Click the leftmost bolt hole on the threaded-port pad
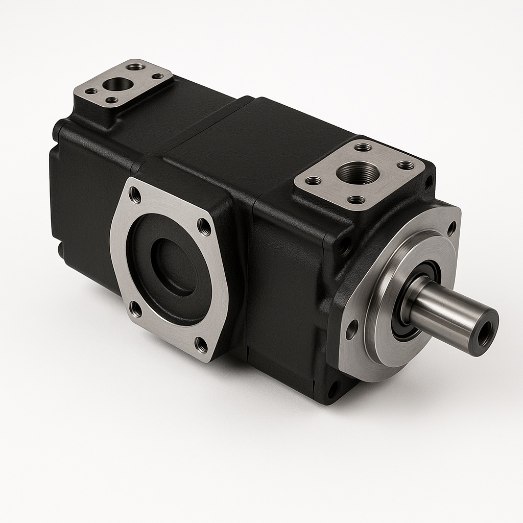[313, 180]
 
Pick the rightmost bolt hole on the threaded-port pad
[406, 165]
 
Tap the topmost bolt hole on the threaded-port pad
[363, 148]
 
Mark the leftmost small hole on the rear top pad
[91, 91]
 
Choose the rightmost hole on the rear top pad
[158, 76]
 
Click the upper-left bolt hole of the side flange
[135, 195]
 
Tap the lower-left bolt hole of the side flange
[135, 308]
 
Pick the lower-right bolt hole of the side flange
[202, 345]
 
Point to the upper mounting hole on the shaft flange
[451, 228]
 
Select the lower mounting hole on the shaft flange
[351, 329]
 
